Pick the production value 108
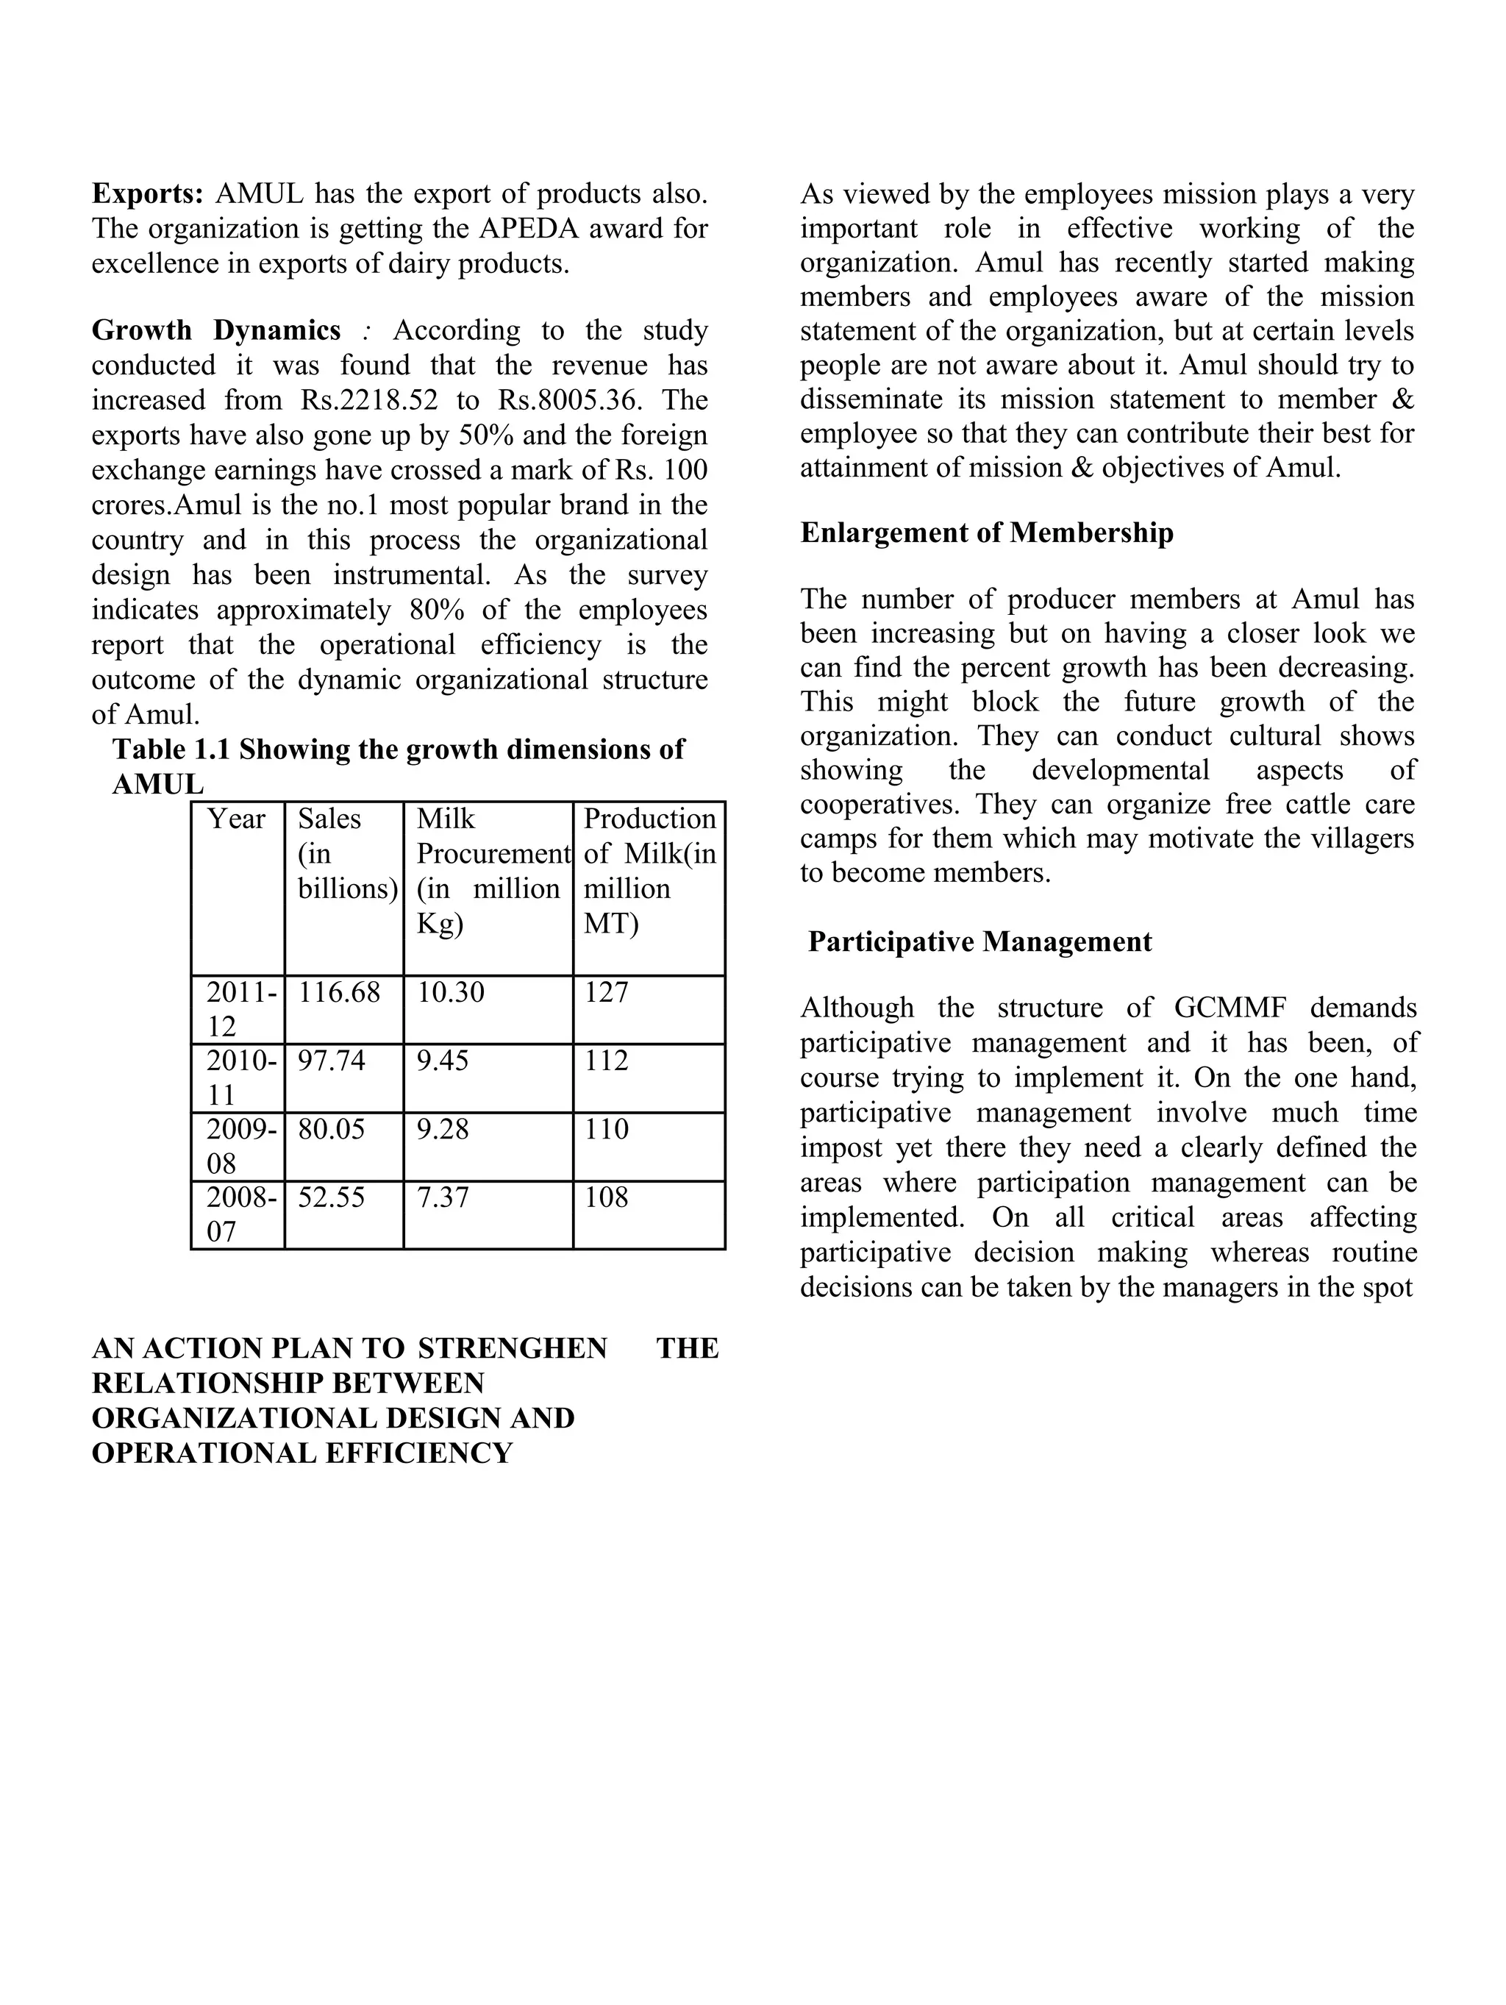click(605, 1197)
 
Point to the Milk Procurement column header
click(492, 853)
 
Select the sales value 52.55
click(331, 1197)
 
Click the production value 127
click(605, 991)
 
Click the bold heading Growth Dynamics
click(215, 330)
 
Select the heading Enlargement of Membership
click(986, 532)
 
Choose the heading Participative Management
click(979, 941)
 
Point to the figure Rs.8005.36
click(580, 399)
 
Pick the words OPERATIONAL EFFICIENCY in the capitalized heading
click(301, 1453)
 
